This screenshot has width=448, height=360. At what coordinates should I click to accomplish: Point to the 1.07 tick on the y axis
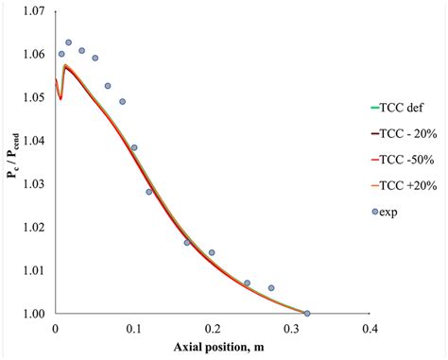coord(31,11)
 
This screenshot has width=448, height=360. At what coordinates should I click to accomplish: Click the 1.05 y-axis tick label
coord(31,97)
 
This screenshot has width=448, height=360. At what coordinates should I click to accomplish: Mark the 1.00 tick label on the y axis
coord(31,313)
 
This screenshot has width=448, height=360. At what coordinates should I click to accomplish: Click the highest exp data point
coord(68,43)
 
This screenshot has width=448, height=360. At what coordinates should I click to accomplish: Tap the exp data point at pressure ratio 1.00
coord(306,313)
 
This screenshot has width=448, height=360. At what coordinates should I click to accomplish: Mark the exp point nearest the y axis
coord(61,54)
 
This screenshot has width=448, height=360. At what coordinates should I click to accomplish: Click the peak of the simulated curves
coord(64,65)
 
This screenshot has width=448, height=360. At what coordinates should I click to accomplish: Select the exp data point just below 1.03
coord(149,192)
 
